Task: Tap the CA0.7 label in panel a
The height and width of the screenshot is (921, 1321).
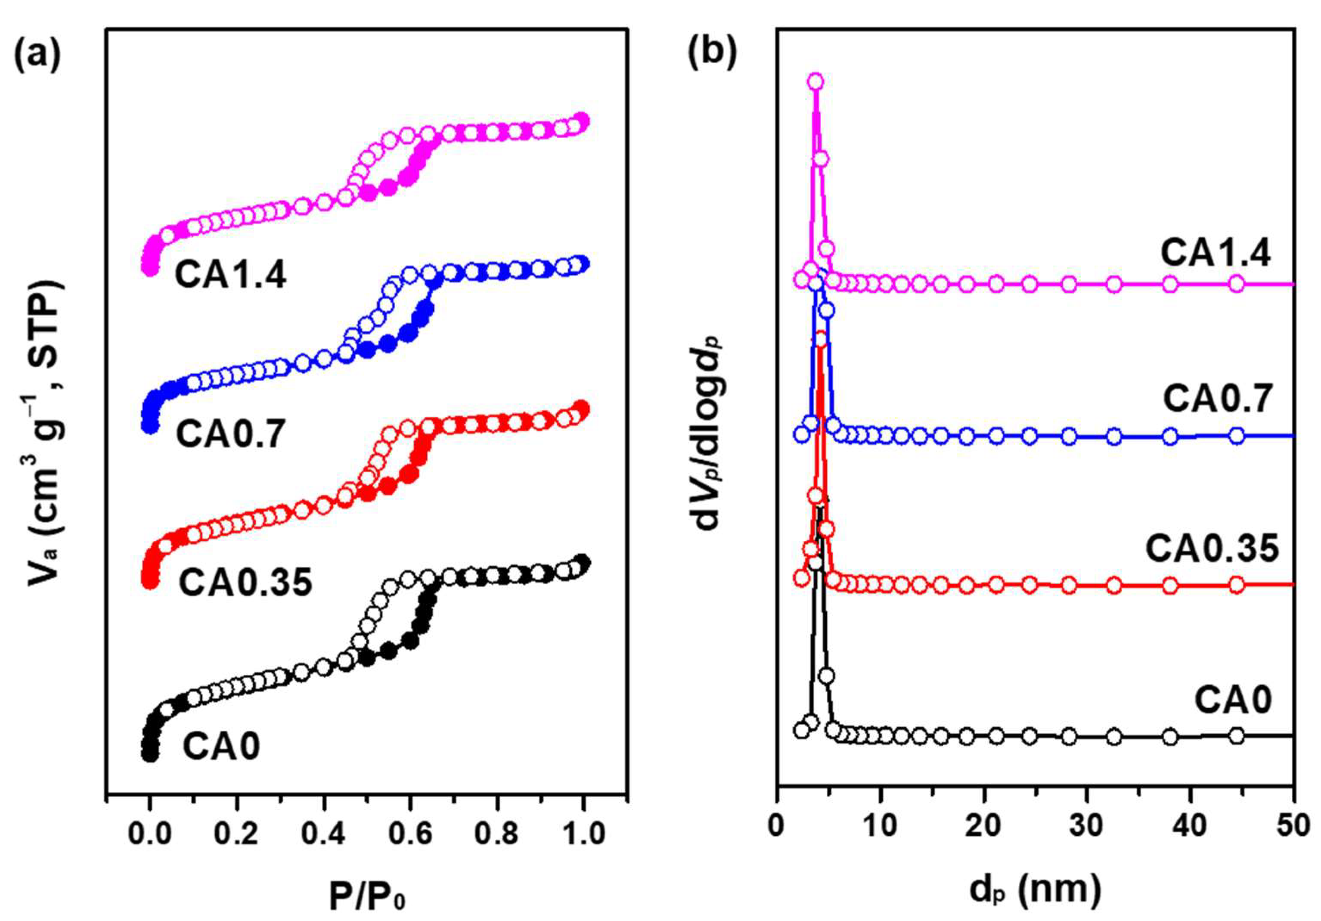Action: pyautogui.click(x=231, y=434)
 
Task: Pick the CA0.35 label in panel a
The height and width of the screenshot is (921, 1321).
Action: pyautogui.click(x=246, y=583)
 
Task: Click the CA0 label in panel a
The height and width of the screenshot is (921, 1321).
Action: pyautogui.click(x=221, y=746)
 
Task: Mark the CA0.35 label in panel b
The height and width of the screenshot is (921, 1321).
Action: pyautogui.click(x=1212, y=548)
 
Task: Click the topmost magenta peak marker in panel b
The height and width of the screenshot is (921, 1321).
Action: pyautogui.click(x=815, y=82)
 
